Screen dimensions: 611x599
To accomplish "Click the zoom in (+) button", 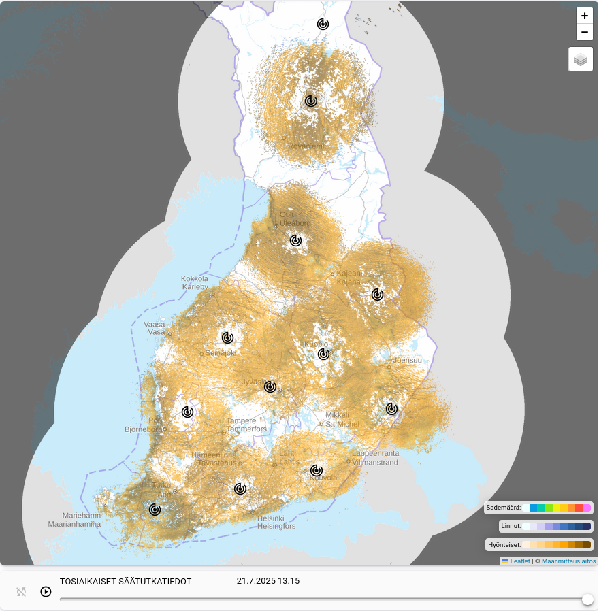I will tap(584, 16).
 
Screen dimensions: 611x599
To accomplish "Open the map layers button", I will tap(580, 59).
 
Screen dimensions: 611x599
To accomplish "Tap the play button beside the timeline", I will tap(46, 591).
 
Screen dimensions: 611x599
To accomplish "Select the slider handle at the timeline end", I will tap(587, 599).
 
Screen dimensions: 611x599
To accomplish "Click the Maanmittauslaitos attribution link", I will tap(568, 561).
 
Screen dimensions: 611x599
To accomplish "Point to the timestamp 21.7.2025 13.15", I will tap(268, 581).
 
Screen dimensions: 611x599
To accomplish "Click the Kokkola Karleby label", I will tap(195, 282).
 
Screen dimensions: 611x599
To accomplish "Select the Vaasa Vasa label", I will tap(155, 328).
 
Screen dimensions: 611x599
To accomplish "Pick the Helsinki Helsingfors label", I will tap(276, 522).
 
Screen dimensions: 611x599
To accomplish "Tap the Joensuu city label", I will tap(406, 360).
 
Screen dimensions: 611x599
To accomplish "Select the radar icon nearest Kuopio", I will tap(324, 354).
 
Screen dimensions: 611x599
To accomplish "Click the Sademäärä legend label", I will tap(503, 508).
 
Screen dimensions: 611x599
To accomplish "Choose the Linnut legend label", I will tap(511, 526).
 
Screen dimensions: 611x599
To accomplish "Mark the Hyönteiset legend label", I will tap(504, 544).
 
